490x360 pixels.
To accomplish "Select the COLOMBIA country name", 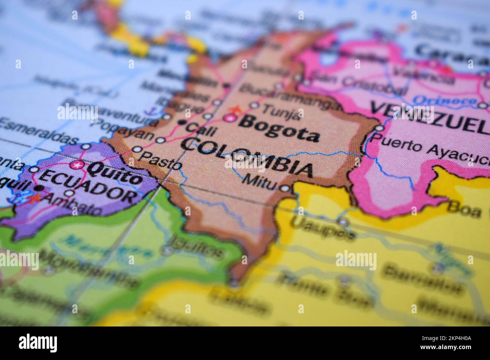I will pyautogui.click(x=247, y=157).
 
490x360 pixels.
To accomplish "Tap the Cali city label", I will pyautogui.click(x=201, y=129).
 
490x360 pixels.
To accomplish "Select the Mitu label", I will pyautogui.click(x=260, y=180).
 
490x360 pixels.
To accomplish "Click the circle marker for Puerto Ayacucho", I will pyautogui.click(x=379, y=128).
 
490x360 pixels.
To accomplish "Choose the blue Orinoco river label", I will pyautogui.click(x=444, y=100).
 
